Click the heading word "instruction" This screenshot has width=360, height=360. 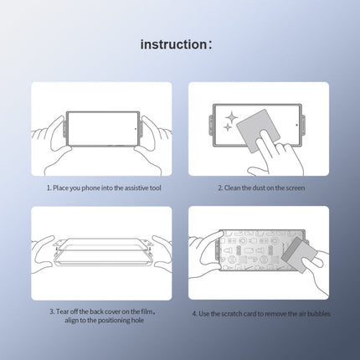(171, 44)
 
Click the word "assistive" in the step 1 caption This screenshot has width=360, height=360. (134, 188)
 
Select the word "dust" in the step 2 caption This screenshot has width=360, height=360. (253, 188)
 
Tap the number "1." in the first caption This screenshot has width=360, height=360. (49, 188)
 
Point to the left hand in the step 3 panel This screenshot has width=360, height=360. (46, 251)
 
